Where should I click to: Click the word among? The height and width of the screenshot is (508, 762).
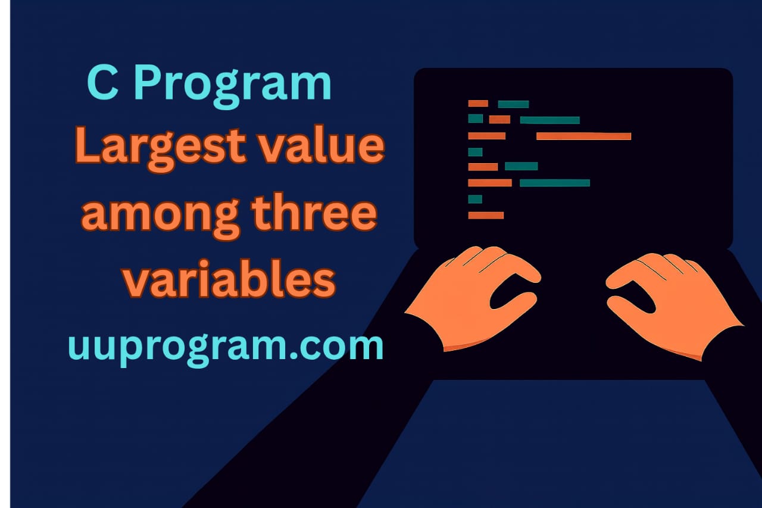tap(160, 216)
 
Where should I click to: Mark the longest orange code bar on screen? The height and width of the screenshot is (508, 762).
tap(583, 136)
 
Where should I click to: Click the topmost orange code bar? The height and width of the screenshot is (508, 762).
tap(478, 104)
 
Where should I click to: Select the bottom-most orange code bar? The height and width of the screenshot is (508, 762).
tap(486, 215)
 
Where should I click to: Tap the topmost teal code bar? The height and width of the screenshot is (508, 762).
tap(513, 104)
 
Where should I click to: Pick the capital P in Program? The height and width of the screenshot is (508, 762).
tap(140, 84)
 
